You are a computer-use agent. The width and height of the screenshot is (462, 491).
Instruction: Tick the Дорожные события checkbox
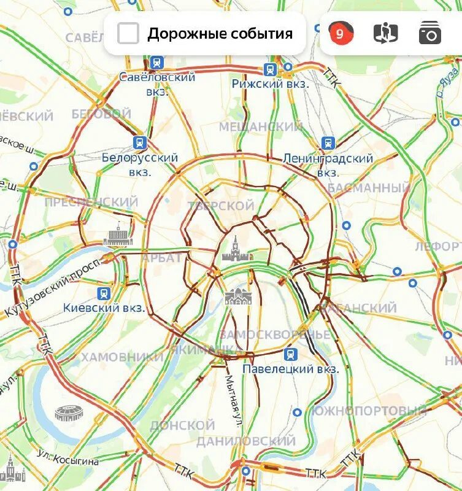pyautogui.click(x=128, y=33)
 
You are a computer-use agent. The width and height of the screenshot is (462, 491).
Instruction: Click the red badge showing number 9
pyautogui.click(x=341, y=33)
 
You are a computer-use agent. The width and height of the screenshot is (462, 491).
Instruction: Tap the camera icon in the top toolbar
pyautogui.click(x=429, y=33)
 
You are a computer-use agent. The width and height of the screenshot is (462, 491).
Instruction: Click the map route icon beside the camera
pyautogui.click(x=385, y=33)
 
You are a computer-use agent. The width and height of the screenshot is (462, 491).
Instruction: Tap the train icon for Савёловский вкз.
pyautogui.click(x=156, y=63)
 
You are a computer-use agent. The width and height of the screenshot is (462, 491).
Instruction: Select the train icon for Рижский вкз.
pyautogui.click(x=270, y=69)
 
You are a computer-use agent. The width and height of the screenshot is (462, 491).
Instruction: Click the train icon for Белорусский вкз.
pyautogui.click(x=140, y=143)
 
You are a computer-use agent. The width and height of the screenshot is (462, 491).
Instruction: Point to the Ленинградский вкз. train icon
pyautogui.click(x=328, y=144)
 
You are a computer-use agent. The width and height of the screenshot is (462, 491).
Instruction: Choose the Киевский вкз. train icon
pyautogui.click(x=104, y=293)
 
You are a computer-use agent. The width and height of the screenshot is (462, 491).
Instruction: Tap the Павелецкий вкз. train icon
pyautogui.click(x=290, y=354)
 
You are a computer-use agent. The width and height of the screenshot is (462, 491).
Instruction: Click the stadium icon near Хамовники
pyautogui.click(x=67, y=413)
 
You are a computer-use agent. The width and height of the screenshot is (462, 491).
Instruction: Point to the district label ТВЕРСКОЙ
pyautogui.click(x=221, y=206)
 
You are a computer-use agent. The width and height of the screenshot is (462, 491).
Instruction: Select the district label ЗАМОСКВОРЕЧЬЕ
pyautogui.click(x=274, y=335)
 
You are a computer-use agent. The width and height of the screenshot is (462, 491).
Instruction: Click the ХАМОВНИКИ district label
pyautogui.click(x=122, y=357)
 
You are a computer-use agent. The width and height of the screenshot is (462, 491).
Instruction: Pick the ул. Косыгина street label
pyautogui.click(x=67, y=460)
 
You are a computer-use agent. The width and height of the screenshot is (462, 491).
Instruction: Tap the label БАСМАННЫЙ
pyautogui.click(x=368, y=188)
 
